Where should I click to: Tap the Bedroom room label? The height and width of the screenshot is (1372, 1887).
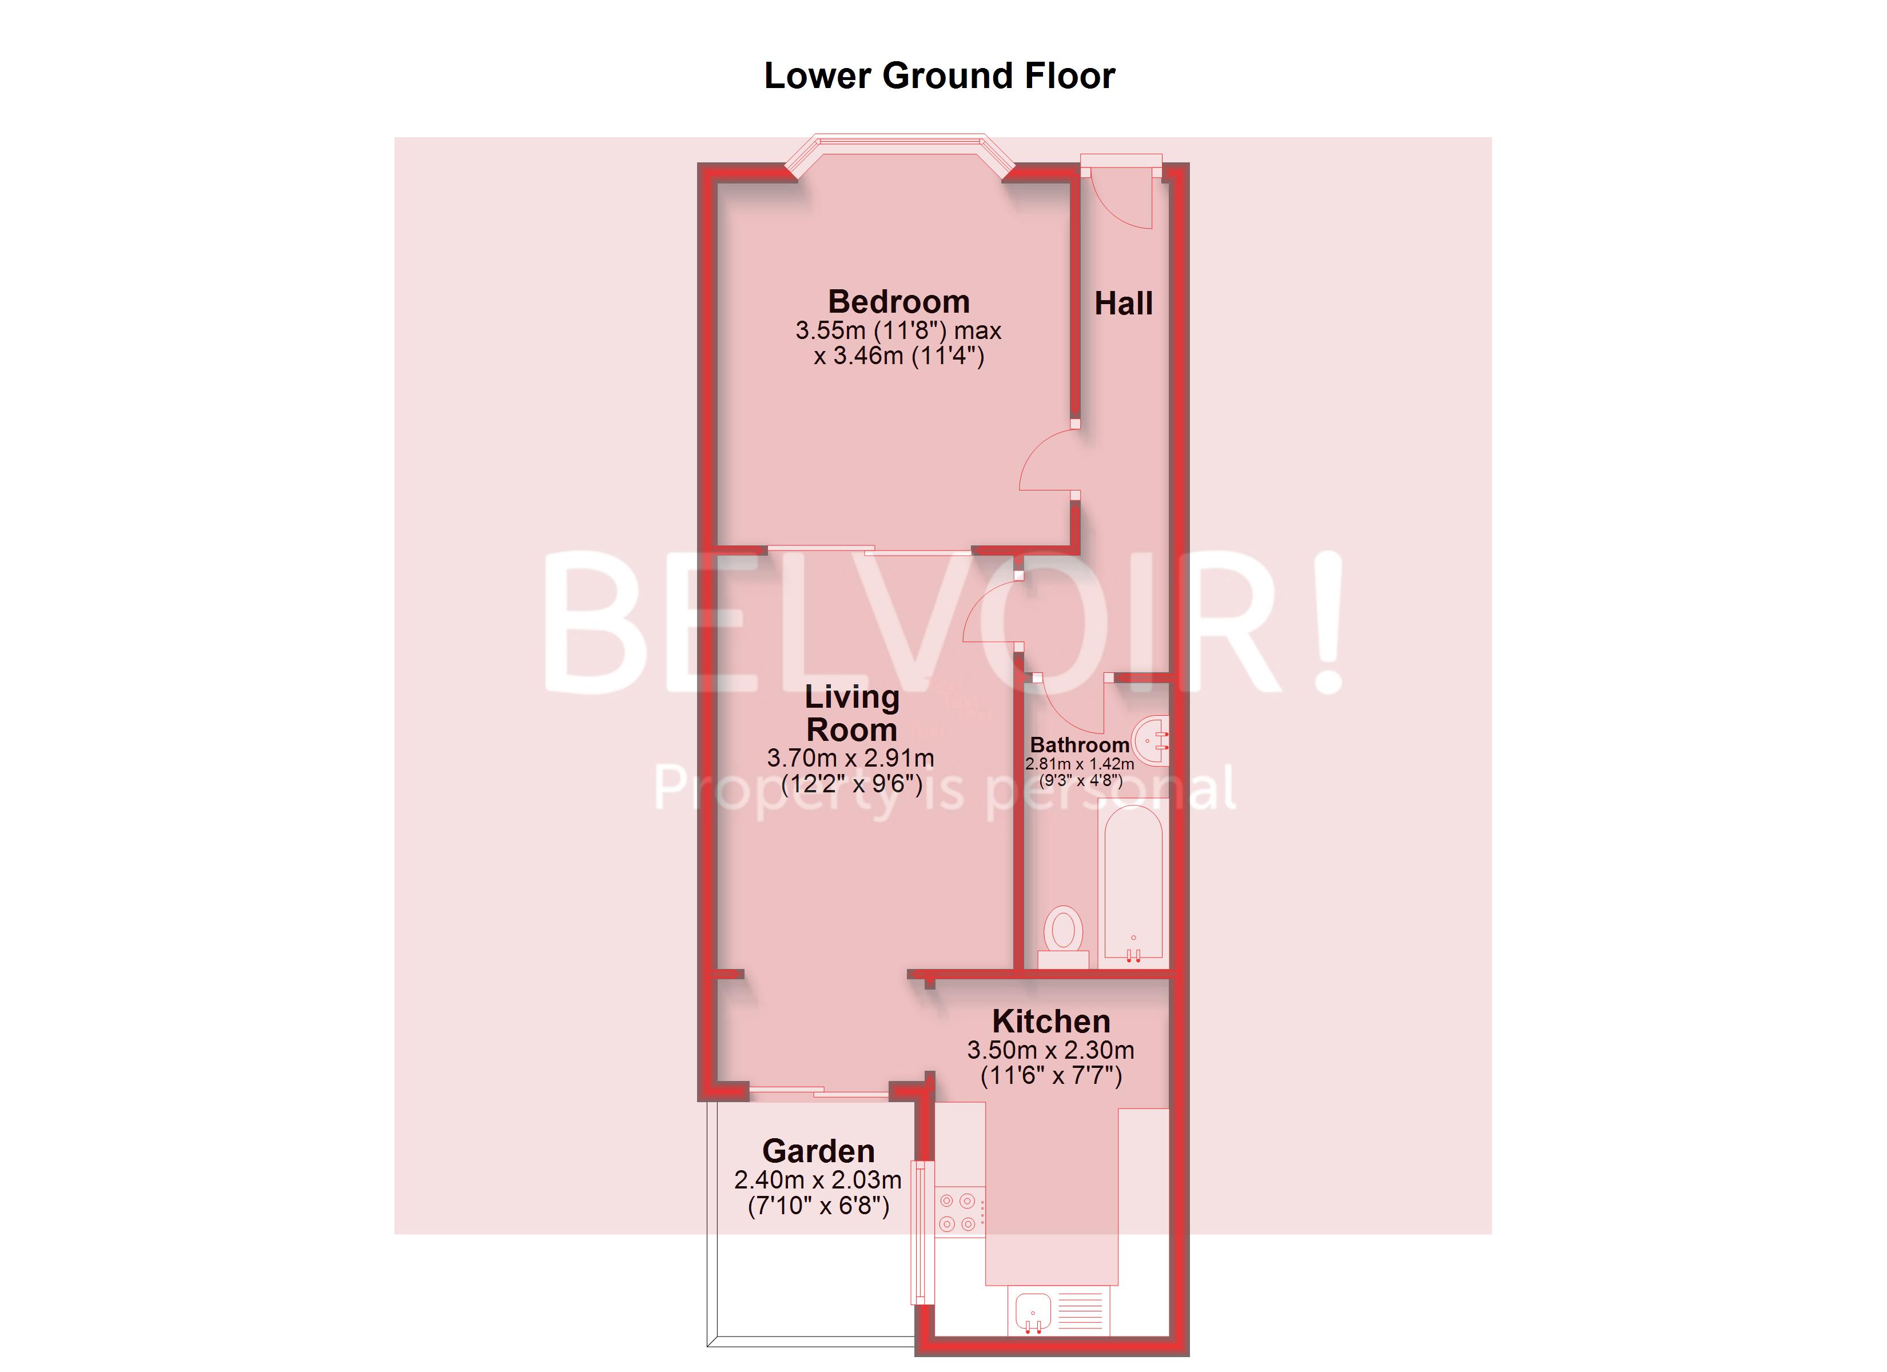pos(898,301)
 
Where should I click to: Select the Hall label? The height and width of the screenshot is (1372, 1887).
pos(1123,304)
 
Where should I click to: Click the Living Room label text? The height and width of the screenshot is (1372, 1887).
pos(852,713)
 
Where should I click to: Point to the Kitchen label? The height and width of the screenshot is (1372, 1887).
pos(1051,1021)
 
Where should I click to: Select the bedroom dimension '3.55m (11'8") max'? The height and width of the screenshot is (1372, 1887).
pos(898,330)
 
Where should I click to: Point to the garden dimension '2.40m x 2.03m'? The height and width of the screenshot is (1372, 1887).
pos(817,1180)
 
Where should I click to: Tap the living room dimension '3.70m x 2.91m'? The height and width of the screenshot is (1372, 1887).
pos(850,758)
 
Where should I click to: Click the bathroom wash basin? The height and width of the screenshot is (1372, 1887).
pos(1153,740)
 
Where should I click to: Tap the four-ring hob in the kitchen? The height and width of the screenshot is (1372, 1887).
pos(958,1213)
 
